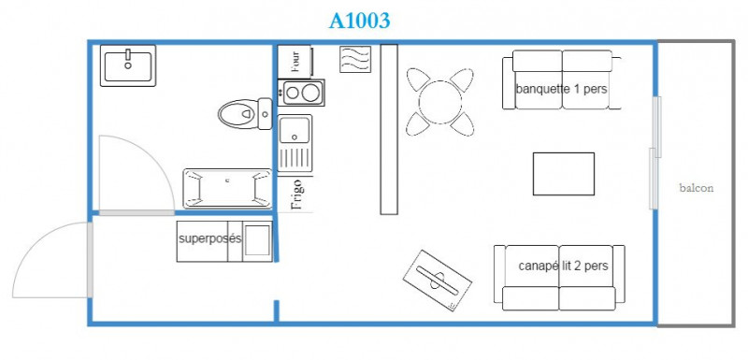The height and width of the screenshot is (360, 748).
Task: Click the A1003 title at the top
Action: tap(359, 21)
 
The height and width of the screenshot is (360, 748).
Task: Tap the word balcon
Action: tap(697, 188)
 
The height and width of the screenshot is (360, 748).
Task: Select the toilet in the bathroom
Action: tap(245, 114)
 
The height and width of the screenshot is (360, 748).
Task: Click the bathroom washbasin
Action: tap(128, 65)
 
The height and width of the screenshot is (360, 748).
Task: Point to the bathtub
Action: tap(227, 188)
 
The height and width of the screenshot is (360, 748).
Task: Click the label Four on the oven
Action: tap(295, 61)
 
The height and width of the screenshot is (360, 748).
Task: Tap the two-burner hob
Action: tap(301, 93)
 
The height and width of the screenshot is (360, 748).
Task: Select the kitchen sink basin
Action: tap(295, 130)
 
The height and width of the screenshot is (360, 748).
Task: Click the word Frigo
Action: tap(296, 194)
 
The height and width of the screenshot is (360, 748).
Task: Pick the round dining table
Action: tap(439, 102)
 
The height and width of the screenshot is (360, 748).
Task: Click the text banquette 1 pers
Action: tap(561, 89)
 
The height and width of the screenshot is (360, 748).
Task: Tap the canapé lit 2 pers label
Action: tap(563, 266)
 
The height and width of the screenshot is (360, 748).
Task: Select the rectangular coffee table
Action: tap(564, 174)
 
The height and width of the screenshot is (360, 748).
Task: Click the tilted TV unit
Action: tap(438, 281)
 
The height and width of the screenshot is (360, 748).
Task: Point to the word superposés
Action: tap(209, 238)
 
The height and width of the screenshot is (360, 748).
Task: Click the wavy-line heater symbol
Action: tap(355, 59)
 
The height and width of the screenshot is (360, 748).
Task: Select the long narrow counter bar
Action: tap(389, 129)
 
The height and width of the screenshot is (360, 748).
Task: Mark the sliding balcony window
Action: tap(655, 152)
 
